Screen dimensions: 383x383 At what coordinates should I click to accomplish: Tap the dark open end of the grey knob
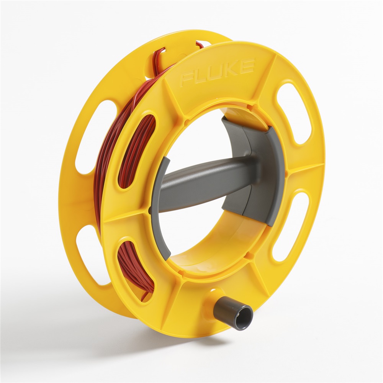245,318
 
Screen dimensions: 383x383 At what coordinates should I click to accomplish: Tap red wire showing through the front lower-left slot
134,268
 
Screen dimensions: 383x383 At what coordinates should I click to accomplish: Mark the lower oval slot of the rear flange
90,255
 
